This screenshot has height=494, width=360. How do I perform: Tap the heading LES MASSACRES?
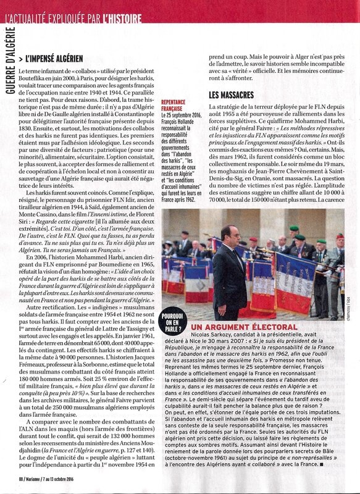pyautogui.click(x=232, y=96)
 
